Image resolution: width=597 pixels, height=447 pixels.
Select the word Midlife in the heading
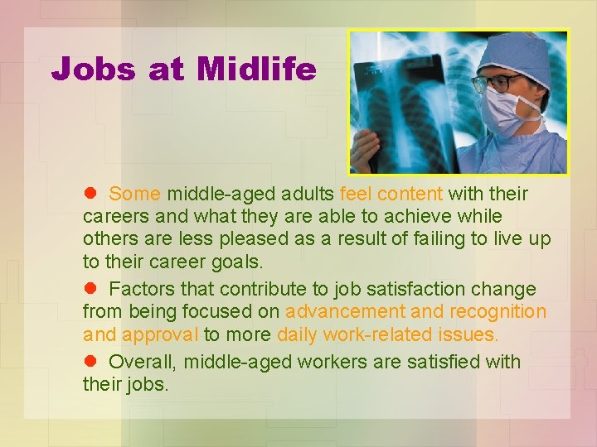256,70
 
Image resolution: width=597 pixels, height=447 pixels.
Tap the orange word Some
134,194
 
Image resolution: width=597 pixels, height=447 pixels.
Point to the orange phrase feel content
391,194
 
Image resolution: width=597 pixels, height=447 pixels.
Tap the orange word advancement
345,311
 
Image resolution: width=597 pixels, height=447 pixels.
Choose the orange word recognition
498,311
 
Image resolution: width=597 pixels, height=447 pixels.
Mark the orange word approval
160,334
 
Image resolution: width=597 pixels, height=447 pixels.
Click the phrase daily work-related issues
387,334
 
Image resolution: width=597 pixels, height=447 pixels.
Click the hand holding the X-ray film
366,149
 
